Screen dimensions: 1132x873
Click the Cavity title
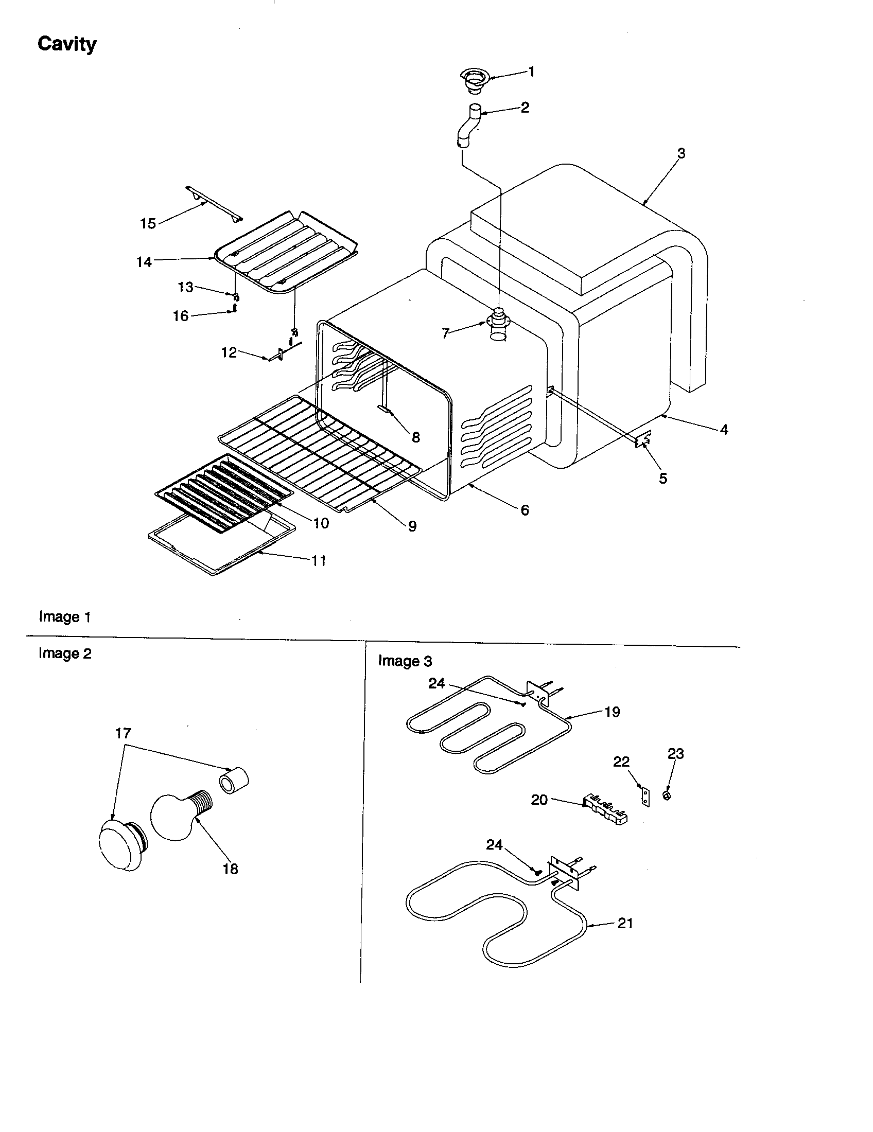pyautogui.click(x=67, y=44)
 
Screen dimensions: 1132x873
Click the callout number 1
pyautogui.click(x=531, y=72)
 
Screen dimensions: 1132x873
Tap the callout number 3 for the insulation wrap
pyautogui.click(x=681, y=153)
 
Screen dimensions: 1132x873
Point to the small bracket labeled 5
pyautogui.click(x=643, y=441)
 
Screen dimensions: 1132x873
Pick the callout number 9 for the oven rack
pyautogui.click(x=412, y=526)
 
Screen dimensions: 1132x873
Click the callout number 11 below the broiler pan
pyautogui.click(x=319, y=561)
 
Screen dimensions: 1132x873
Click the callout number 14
pyautogui.click(x=144, y=262)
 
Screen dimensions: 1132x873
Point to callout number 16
pyautogui.click(x=180, y=316)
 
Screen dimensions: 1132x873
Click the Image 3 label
pyautogui.click(x=405, y=661)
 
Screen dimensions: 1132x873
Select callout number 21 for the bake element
pyautogui.click(x=625, y=924)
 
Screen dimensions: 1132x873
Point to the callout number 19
pyautogui.click(x=612, y=712)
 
